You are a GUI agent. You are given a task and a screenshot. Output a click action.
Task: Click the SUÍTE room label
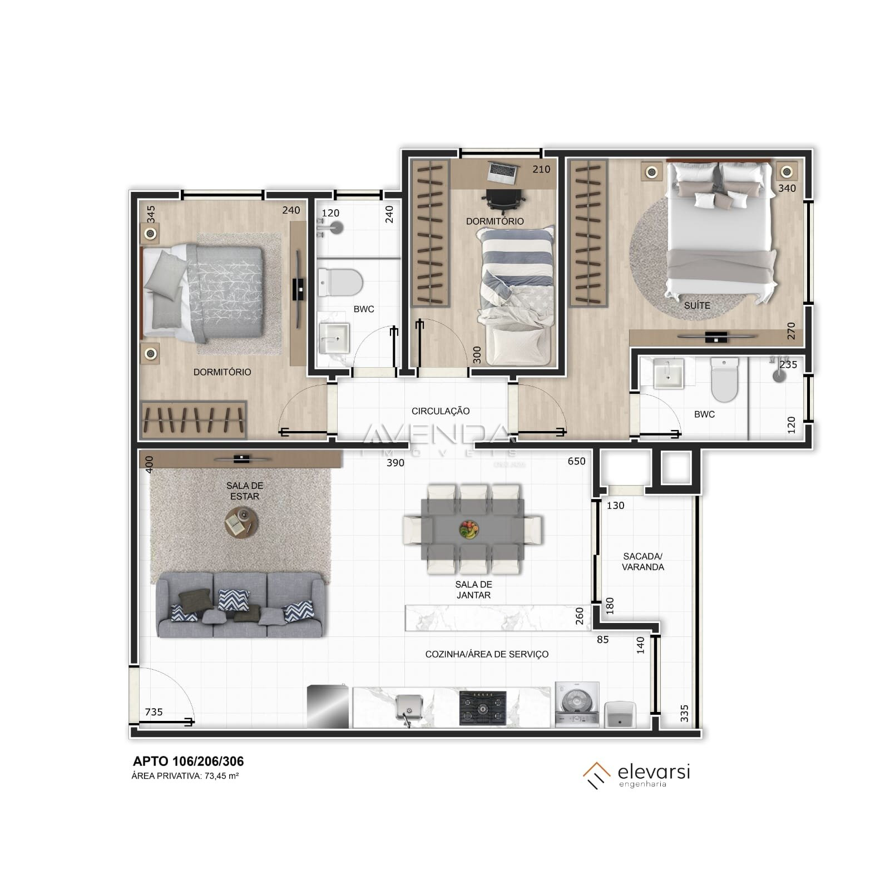[x=696, y=305]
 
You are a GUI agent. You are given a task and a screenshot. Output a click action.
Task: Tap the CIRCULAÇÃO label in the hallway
[x=440, y=411]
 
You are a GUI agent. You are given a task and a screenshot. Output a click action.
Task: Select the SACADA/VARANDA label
[x=642, y=561]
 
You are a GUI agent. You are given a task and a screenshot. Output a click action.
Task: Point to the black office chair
[x=504, y=201]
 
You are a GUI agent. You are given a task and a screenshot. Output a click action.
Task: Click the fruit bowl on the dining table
[x=469, y=529]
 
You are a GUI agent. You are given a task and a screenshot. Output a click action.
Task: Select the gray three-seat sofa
[x=240, y=605]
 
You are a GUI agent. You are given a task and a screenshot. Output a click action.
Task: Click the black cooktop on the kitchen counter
[x=482, y=708]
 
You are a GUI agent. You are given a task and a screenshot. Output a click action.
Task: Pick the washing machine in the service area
[x=577, y=705]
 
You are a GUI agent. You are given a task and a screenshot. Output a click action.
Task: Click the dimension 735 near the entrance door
[x=154, y=712]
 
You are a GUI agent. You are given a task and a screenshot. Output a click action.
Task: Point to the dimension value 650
[x=576, y=461]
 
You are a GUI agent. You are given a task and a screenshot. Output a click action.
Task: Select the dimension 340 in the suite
[x=787, y=189]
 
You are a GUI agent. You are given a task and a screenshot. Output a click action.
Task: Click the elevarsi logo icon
[x=596, y=775]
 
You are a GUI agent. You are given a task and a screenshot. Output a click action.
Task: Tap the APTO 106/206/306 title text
[x=188, y=762]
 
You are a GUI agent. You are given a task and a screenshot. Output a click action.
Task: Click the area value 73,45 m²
[x=221, y=776]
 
